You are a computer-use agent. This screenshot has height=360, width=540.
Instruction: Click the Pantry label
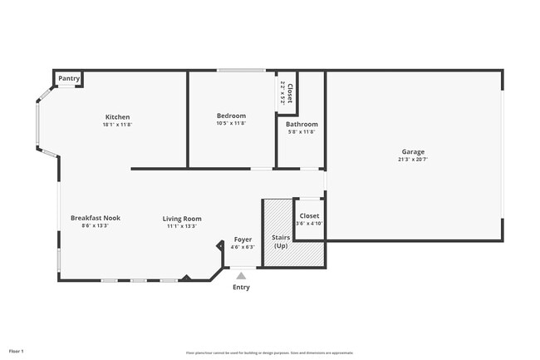tap(69, 79)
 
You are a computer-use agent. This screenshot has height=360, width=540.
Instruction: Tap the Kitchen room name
tap(117, 116)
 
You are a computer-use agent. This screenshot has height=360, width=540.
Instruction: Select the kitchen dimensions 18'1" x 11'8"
tap(117, 125)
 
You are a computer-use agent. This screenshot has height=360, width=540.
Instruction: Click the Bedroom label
tap(231, 116)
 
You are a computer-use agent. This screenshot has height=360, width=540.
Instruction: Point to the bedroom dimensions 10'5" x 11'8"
tap(231, 124)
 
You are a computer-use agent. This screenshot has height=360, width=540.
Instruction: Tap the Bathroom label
tap(302, 124)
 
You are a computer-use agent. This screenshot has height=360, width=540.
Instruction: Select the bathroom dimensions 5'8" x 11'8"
tap(302, 131)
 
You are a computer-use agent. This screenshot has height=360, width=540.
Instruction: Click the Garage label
tap(413, 151)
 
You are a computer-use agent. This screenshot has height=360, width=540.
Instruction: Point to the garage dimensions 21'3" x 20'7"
tap(413, 160)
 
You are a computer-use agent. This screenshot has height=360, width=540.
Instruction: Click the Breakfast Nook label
tap(95, 218)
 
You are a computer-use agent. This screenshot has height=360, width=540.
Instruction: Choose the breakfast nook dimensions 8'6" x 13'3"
tap(95, 225)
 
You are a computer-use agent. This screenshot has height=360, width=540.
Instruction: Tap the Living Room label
tap(181, 219)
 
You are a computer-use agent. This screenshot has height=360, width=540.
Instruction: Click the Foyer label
tap(242, 239)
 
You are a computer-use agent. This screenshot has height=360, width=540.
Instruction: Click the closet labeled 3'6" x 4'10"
tap(308, 219)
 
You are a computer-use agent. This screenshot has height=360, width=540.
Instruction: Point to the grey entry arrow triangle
tap(241, 275)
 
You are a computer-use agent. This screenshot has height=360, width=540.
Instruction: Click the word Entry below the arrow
tap(241, 288)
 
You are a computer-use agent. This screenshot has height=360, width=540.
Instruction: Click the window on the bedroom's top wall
tap(241, 71)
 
